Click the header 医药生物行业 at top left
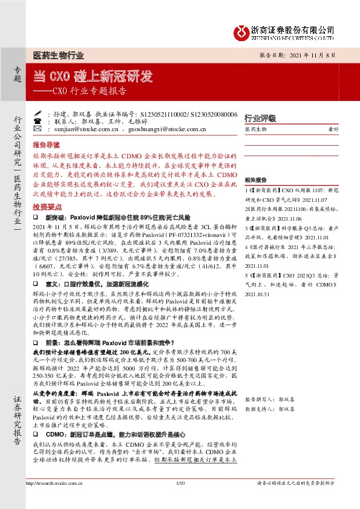(58, 56)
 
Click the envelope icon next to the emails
(38, 129)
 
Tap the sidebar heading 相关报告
(256, 180)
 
